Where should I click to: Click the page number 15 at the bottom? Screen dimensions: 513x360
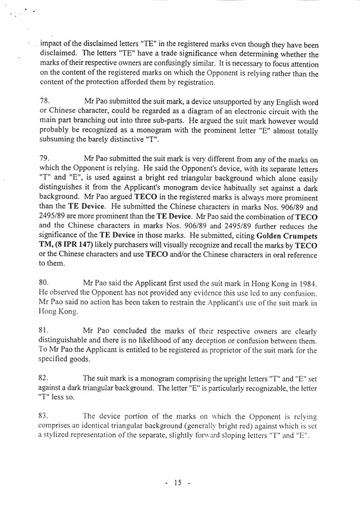(x=178, y=483)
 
